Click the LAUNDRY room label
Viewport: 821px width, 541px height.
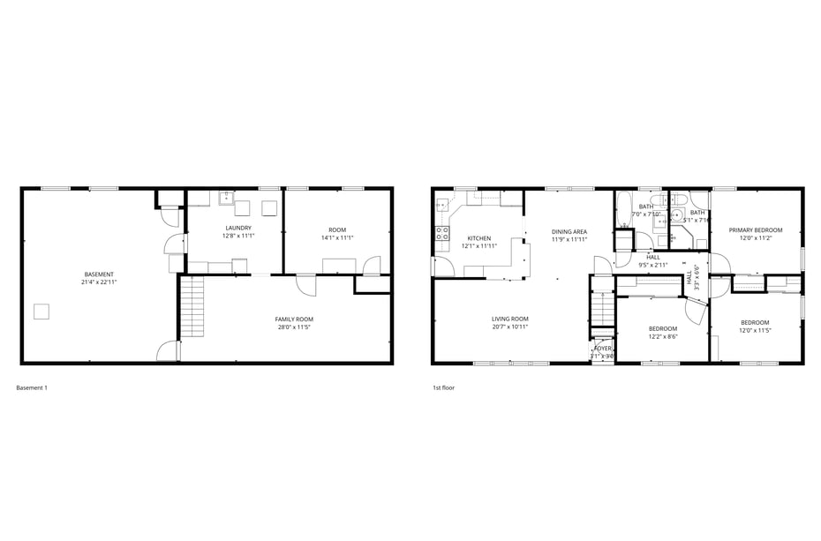pos(238,228)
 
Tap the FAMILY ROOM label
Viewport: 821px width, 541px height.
pos(294,319)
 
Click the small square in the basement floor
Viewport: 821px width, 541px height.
pos(41,311)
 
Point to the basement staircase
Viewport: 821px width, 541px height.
pos(192,305)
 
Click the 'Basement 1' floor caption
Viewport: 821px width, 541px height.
pos(33,387)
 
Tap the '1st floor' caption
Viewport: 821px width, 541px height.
pos(443,387)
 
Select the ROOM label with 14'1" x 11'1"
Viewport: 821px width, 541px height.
pos(337,229)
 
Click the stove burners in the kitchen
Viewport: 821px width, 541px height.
pos(441,234)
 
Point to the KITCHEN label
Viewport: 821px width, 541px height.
pos(478,238)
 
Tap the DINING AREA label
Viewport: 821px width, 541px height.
pos(569,231)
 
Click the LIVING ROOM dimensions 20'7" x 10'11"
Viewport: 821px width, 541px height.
pos(510,327)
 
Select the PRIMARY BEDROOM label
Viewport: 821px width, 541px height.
pos(755,229)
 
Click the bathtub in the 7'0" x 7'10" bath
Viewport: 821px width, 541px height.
pos(623,210)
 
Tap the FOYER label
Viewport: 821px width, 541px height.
pos(602,349)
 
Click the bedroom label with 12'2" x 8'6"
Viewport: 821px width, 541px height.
pos(662,328)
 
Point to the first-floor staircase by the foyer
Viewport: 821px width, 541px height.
pos(601,309)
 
